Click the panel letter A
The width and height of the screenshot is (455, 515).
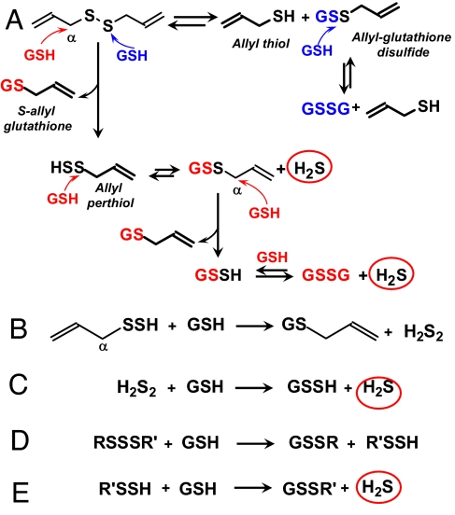pyautogui.click(x=15, y=21)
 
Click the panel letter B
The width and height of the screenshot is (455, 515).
pyautogui.click(x=19, y=328)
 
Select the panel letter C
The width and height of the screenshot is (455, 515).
pyautogui.click(x=18, y=385)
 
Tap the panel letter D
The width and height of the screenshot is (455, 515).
pyautogui.click(x=20, y=440)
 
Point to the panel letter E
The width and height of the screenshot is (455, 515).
pyautogui.click(x=21, y=493)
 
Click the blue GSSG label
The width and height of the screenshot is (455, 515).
pyautogui.click(x=326, y=109)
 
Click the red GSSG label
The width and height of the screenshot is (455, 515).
pyautogui.click(x=326, y=275)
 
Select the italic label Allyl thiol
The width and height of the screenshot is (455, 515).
pyautogui.click(x=261, y=44)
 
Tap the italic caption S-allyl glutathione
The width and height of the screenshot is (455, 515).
pyautogui.click(x=37, y=118)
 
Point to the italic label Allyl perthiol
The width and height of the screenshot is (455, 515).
pyautogui.click(x=110, y=196)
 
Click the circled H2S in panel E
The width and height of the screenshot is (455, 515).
pyautogui.click(x=378, y=487)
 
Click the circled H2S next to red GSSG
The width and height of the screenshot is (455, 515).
pyautogui.click(x=391, y=273)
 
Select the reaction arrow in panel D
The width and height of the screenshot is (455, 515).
pyautogui.click(x=255, y=444)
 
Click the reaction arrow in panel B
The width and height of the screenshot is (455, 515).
pyautogui.click(x=254, y=327)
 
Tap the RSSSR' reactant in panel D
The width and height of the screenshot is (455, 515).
pyautogui.click(x=125, y=442)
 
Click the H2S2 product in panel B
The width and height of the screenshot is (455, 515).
pyautogui.click(x=423, y=332)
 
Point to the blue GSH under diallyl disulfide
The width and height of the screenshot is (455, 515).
pyautogui.click(x=132, y=56)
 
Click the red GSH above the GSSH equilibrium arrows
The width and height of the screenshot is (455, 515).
pyautogui.click(x=272, y=257)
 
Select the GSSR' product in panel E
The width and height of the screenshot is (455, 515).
pyautogui.click(x=309, y=489)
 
